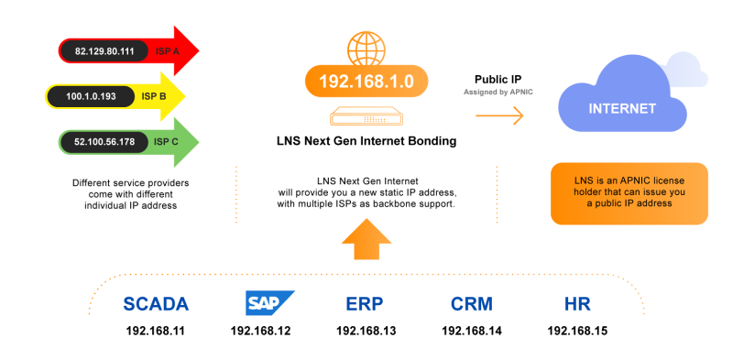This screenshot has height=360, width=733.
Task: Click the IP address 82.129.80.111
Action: (104, 52)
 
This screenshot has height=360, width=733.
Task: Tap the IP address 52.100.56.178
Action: (104, 142)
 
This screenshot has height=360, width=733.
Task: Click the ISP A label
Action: (169, 52)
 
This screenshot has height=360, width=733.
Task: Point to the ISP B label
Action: (153, 96)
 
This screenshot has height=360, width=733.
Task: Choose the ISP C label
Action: (167, 142)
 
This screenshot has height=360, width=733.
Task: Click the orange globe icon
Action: (366, 46)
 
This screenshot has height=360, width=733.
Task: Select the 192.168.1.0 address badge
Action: (366, 82)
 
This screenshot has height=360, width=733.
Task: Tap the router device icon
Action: (366, 117)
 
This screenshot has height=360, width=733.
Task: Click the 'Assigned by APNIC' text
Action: (498, 93)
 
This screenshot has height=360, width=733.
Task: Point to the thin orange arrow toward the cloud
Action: (499, 115)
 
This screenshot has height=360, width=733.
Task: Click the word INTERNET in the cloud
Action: (622, 109)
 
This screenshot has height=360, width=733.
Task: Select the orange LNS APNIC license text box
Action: (629, 193)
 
